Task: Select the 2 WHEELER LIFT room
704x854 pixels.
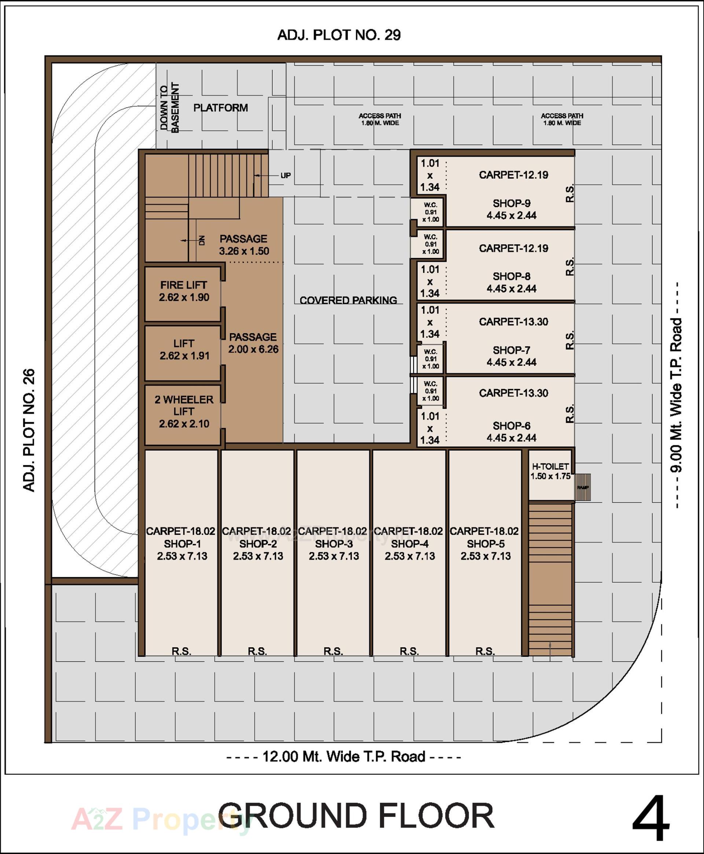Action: tap(184, 411)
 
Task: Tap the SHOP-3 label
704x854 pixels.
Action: tap(334, 544)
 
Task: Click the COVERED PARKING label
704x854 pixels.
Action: tap(348, 300)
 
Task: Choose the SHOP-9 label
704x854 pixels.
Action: tap(511, 203)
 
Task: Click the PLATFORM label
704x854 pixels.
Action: tap(221, 108)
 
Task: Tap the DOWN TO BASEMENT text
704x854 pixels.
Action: tap(169, 108)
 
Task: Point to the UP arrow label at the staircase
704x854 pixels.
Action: tap(286, 176)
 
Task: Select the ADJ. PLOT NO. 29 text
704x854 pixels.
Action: tap(339, 35)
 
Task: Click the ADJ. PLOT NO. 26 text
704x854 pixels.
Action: tap(29, 430)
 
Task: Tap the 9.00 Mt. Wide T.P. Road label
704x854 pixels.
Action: tap(676, 395)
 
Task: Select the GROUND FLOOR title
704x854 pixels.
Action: tap(356, 816)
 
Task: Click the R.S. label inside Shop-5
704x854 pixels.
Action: tap(485, 651)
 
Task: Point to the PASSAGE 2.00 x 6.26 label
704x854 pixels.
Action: tap(253, 343)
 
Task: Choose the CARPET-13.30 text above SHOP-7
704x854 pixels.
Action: tap(513, 322)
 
